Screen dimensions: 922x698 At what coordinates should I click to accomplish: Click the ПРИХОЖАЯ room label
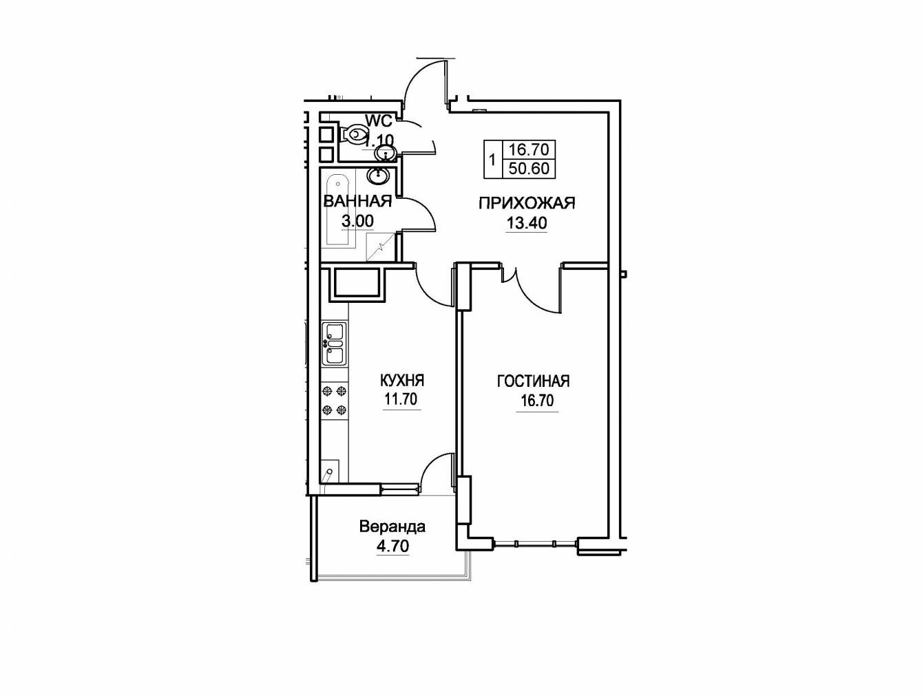pos(527,203)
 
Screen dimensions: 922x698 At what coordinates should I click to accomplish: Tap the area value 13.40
pos(527,223)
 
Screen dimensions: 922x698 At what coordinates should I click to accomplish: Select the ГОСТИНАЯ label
pos(534,381)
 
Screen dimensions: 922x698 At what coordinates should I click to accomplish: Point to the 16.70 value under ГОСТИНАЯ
pos(537,401)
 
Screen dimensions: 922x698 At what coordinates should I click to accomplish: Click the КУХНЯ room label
pos(402,381)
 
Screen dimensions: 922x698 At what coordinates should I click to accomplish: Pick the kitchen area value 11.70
pos(401,399)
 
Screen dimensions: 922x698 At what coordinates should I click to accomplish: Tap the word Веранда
pos(392,527)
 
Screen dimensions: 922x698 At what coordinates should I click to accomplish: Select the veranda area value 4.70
pos(392,546)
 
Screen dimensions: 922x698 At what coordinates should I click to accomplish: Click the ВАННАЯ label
pos(357,202)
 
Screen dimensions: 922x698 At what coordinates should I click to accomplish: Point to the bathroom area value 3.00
pos(357,221)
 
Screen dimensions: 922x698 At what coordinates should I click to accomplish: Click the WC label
pos(379,121)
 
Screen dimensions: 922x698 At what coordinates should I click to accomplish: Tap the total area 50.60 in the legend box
pos(529,169)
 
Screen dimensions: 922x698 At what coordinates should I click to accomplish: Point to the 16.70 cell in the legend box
pos(529,149)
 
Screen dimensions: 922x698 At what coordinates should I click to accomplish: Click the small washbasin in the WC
pos(385,154)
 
